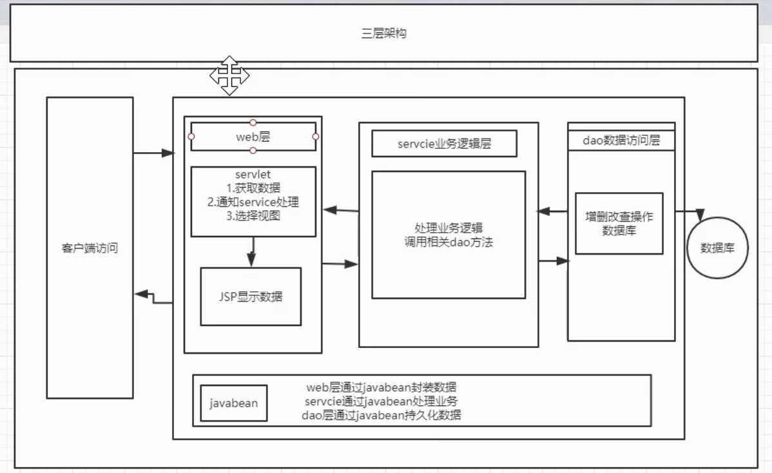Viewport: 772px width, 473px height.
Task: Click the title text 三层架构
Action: click(x=384, y=34)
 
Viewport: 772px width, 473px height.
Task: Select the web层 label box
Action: click(x=253, y=137)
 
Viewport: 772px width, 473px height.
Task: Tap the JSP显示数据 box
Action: click(x=251, y=296)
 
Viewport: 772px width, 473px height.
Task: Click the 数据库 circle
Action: click(x=717, y=247)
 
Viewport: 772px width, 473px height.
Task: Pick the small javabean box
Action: click(x=234, y=403)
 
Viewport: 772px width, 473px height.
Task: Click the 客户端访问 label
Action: click(x=90, y=248)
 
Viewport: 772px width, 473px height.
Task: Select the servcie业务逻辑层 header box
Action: click(x=444, y=144)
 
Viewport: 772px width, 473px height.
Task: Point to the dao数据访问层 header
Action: click(x=621, y=140)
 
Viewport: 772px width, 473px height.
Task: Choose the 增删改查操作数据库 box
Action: click(x=619, y=224)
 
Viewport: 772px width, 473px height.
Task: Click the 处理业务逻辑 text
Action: click(x=449, y=228)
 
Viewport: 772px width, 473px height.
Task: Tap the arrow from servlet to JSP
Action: click(x=252, y=252)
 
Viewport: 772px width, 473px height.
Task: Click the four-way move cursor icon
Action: click(x=229, y=75)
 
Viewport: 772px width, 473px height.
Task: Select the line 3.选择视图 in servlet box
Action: click(x=253, y=216)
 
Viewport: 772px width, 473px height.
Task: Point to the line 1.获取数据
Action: click(x=253, y=188)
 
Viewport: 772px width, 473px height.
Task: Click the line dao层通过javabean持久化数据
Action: click(x=381, y=415)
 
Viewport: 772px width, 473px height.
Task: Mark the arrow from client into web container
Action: click(x=153, y=153)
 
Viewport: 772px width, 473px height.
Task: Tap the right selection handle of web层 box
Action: click(x=316, y=137)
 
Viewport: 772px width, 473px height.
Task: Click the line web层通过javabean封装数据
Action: click(x=381, y=387)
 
